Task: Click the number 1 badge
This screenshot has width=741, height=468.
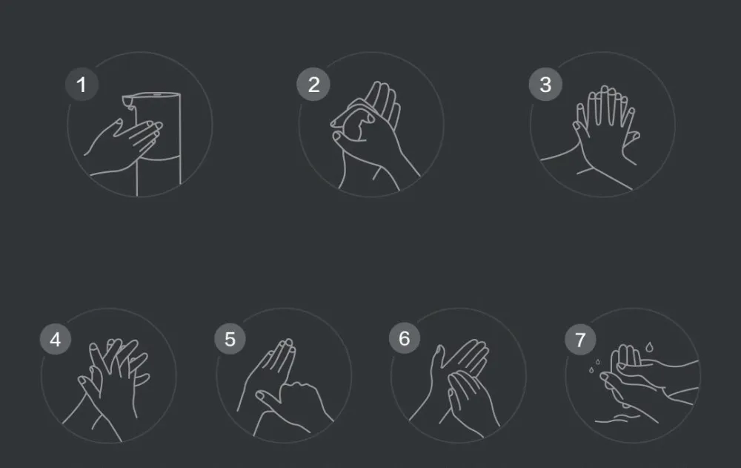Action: point(82,85)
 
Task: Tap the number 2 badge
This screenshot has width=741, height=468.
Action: point(313,85)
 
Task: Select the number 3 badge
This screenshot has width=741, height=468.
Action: point(545,85)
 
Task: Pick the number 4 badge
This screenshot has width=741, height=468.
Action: point(56,339)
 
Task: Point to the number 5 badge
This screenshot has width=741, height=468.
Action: point(230,339)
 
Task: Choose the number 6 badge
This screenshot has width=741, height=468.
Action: point(405,338)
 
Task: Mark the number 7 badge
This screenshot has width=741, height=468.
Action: point(580,339)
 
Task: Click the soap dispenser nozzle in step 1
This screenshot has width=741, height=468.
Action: point(129,102)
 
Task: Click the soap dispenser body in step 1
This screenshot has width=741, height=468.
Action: point(159,137)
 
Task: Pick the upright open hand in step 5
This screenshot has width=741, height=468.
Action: point(270,374)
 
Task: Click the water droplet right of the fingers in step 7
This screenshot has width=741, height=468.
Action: point(649,348)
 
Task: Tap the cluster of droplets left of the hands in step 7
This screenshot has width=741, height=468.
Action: point(594,366)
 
